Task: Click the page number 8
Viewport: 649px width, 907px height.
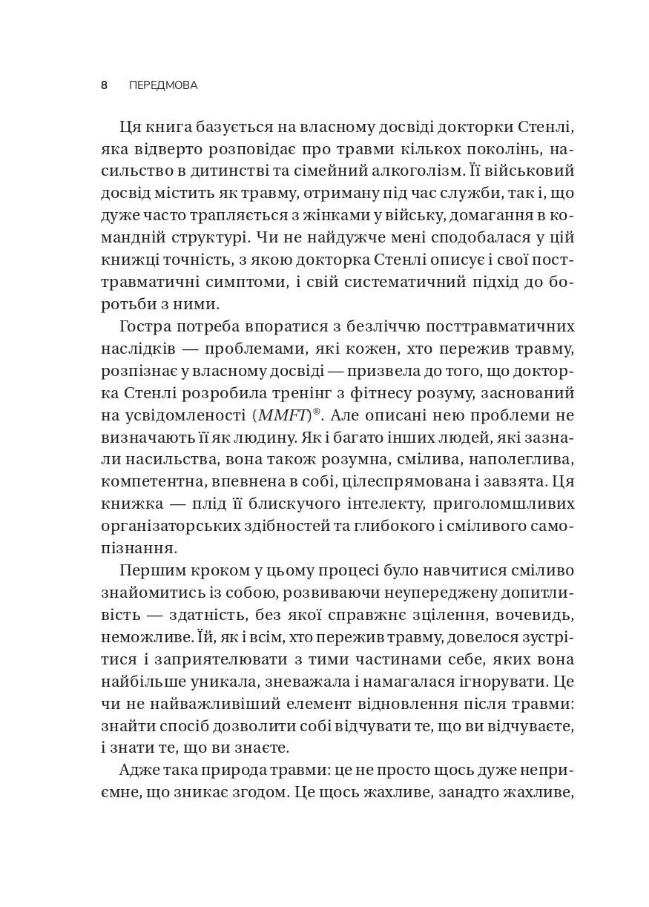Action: click(104, 85)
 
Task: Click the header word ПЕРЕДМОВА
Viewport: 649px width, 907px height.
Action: click(163, 85)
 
